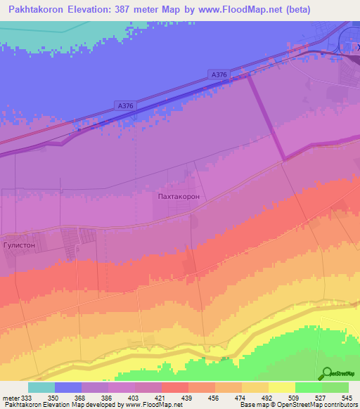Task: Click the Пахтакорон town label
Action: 179,197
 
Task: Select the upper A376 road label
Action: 219,74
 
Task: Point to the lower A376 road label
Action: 125,105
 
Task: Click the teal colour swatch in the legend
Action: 41,387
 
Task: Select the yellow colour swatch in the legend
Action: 281,387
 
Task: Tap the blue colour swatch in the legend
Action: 68,387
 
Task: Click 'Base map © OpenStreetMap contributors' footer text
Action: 297,405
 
